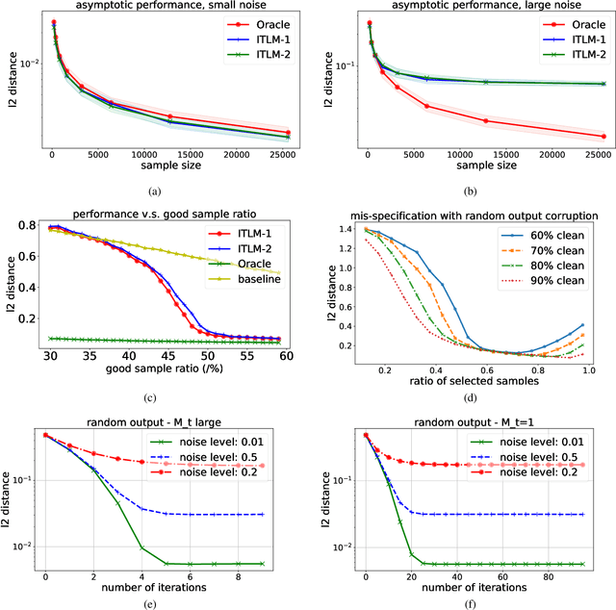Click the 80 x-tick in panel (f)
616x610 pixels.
point(546,575)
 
